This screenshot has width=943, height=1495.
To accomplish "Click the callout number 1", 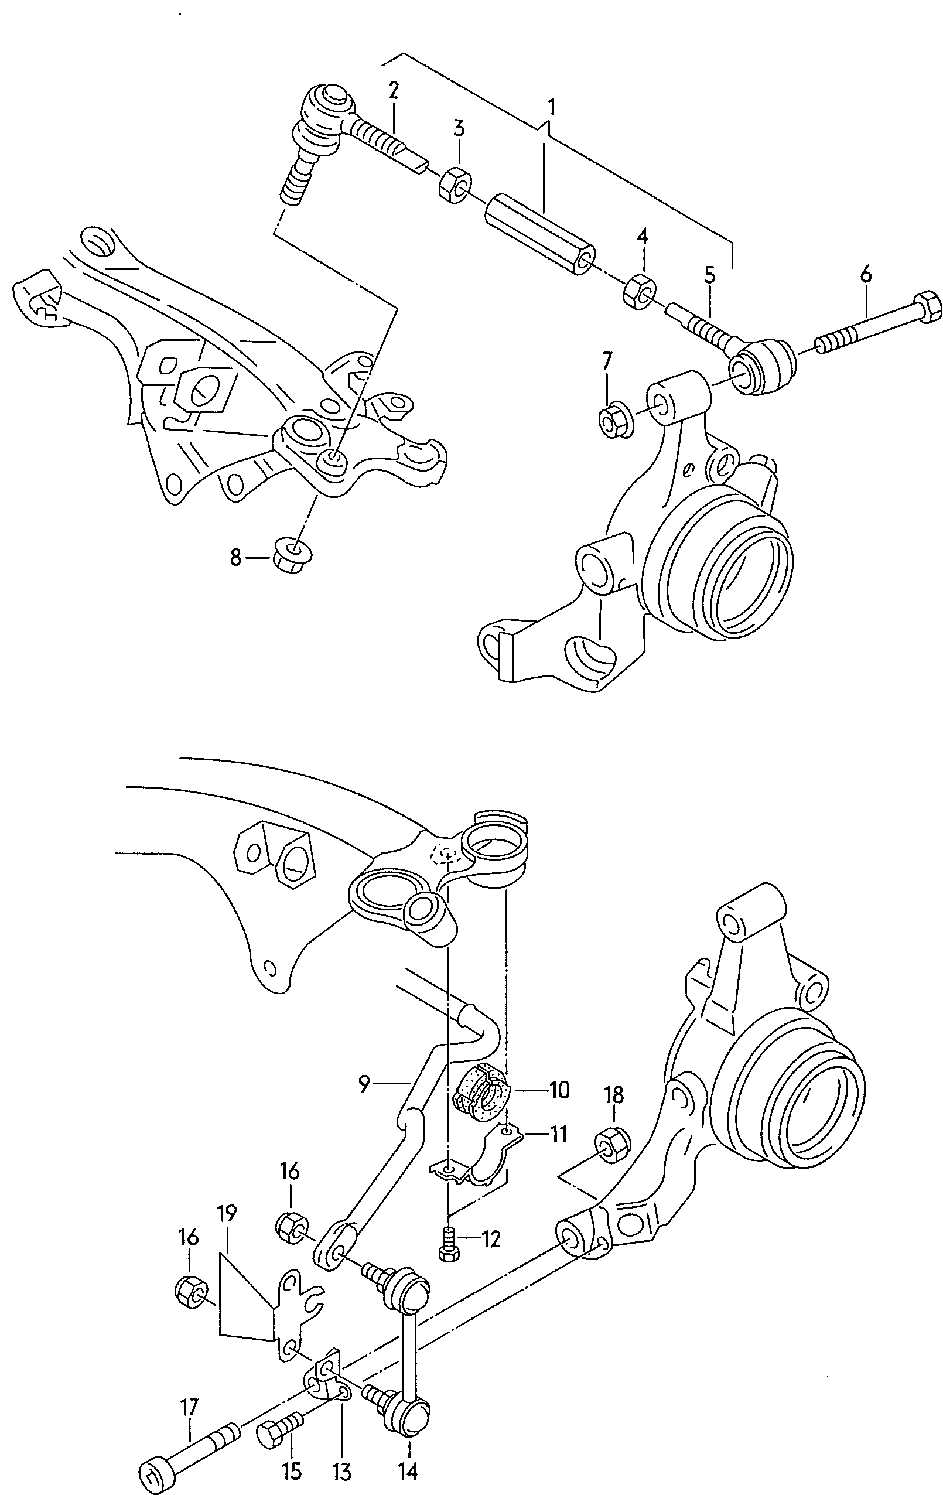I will point(551,107).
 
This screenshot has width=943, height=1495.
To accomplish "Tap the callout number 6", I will point(866,273).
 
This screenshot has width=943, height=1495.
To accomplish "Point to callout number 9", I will point(364,1084).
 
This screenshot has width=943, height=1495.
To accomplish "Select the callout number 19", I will point(227,1213).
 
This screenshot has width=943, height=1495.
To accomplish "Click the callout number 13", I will point(342,1471).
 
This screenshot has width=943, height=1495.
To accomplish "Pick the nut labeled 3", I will point(456,185).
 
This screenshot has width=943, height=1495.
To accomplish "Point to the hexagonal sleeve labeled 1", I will point(540,235).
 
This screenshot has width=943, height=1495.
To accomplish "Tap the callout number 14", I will point(408,1471).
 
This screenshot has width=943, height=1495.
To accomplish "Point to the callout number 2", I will point(394,91).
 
